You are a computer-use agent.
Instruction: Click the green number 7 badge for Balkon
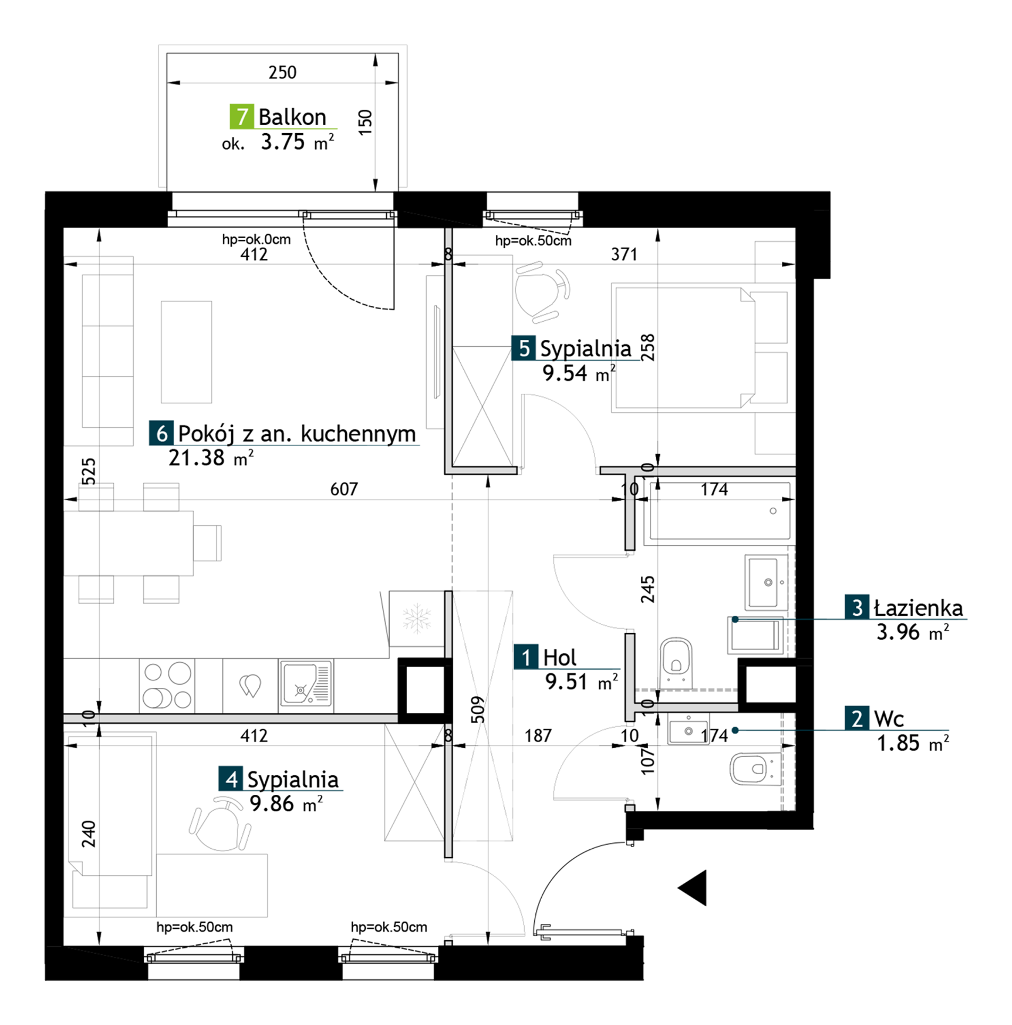pyautogui.click(x=241, y=116)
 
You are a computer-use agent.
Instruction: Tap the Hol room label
pyautogui.click(x=559, y=657)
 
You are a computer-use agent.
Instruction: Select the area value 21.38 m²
pyautogui.click(x=211, y=458)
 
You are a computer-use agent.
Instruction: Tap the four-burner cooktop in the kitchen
pyautogui.click(x=167, y=685)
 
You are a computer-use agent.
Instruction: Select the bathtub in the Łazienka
pyautogui.click(x=717, y=512)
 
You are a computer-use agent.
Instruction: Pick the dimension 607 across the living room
pyautogui.click(x=344, y=489)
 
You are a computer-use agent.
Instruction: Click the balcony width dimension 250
pyautogui.click(x=282, y=72)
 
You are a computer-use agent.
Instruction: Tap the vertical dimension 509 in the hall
pyautogui.click(x=478, y=709)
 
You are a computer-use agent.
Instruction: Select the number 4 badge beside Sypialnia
pyautogui.click(x=231, y=779)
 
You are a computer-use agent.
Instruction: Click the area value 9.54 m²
pyautogui.click(x=579, y=373)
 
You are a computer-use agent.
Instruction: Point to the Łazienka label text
pyautogui.click(x=919, y=607)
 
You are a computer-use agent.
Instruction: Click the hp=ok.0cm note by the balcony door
pyautogui.click(x=256, y=239)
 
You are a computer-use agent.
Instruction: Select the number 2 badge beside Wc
pyautogui.click(x=857, y=718)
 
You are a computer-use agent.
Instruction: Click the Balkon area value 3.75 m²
pyautogui.click(x=297, y=142)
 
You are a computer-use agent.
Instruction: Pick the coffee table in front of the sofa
pyautogui.click(x=186, y=352)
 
